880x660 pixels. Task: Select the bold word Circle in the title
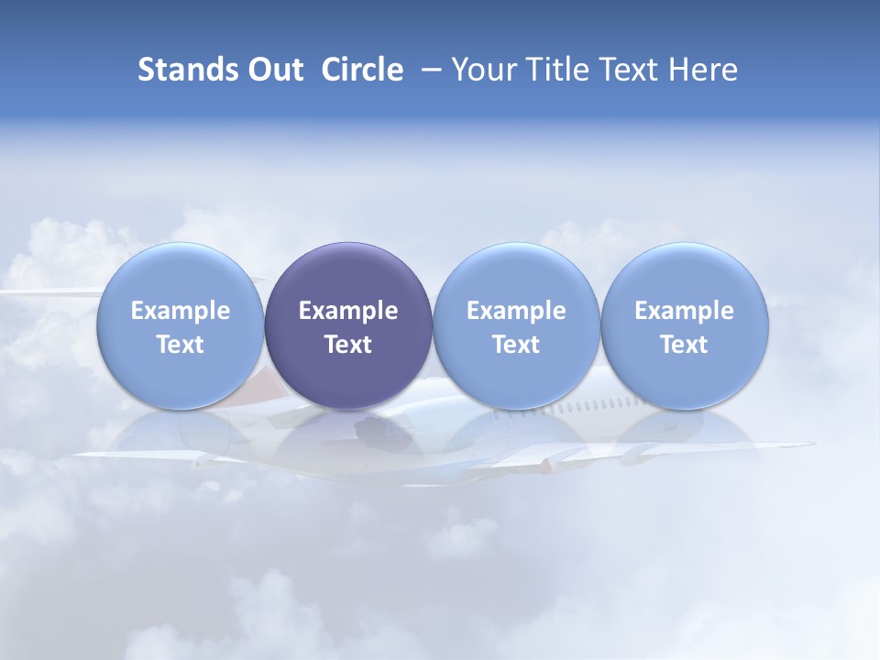(x=362, y=70)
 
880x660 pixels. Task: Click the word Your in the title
(x=480, y=70)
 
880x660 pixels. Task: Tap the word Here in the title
(x=703, y=70)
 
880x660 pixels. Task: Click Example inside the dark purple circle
(x=348, y=311)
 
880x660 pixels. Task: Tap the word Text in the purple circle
(x=348, y=345)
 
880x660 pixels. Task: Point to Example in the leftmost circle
(x=181, y=311)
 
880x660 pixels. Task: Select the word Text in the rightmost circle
(x=684, y=345)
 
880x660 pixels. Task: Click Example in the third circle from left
(x=516, y=311)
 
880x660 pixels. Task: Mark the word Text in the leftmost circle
(x=181, y=345)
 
